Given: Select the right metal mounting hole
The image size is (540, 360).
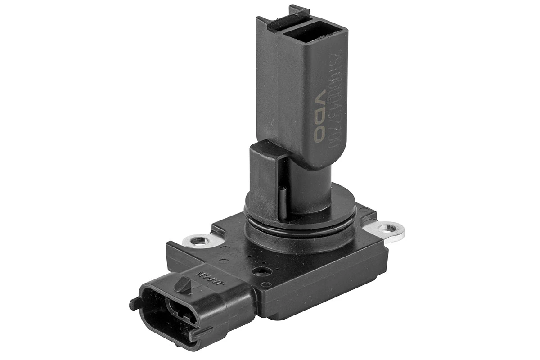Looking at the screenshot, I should point(386,229).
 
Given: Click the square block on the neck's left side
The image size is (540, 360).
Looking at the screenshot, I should point(265,180).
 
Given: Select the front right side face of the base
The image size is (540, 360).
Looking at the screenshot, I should point(324,288).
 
